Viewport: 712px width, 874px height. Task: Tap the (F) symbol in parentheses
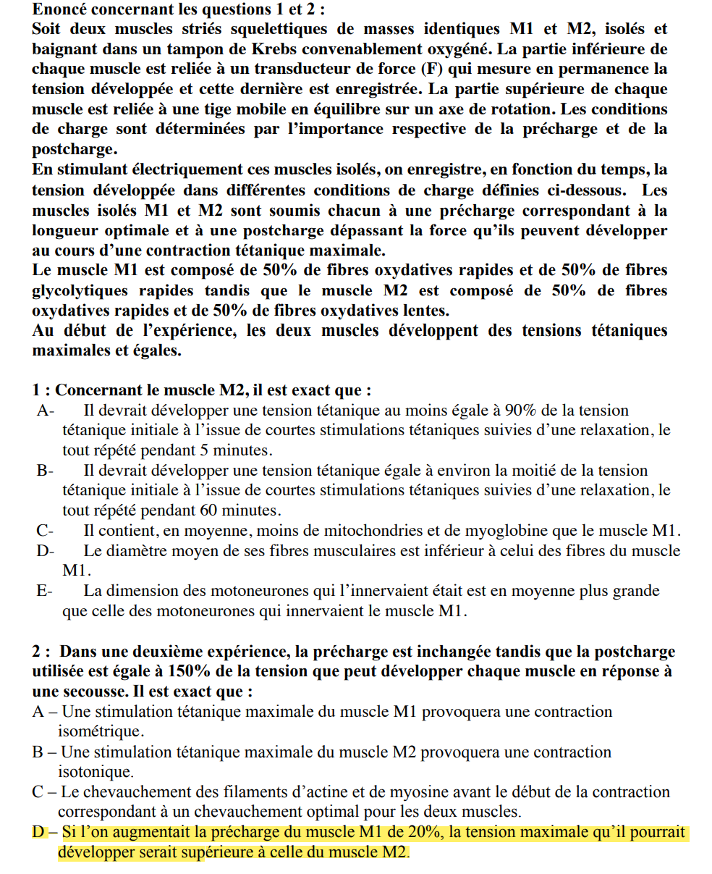(428, 70)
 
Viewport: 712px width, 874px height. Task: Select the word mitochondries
(385, 530)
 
